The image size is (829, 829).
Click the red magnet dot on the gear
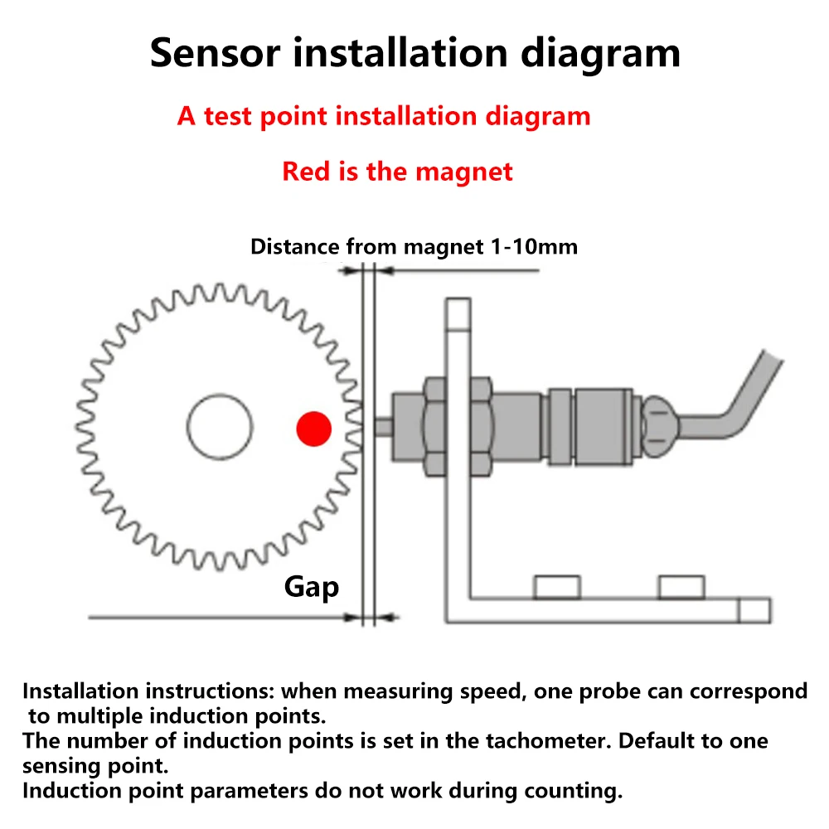[314, 428]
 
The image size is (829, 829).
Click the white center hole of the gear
[219, 427]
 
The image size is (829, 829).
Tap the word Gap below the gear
[312, 587]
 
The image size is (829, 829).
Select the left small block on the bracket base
[556, 587]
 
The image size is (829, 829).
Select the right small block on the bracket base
[681, 587]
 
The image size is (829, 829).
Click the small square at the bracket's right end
[754, 610]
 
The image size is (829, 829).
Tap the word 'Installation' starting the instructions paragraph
[80, 691]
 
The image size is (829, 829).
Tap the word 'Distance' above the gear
[294, 246]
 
